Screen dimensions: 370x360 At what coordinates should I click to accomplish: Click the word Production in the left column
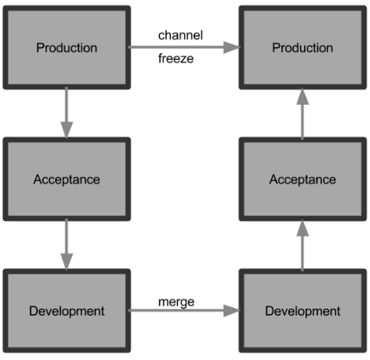[67, 47]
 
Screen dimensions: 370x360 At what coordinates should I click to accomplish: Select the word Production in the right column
[302, 47]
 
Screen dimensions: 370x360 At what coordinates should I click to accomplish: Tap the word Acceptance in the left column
[67, 180]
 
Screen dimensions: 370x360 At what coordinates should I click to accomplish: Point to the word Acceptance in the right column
[302, 180]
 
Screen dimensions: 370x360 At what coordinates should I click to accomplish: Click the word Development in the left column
[67, 311]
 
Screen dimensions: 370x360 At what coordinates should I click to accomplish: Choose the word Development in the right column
[302, 311]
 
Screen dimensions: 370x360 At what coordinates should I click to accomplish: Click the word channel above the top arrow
[180, 35]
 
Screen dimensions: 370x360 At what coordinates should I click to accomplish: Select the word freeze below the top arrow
[176, 58]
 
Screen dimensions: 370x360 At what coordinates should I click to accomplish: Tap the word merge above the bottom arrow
[176, 302]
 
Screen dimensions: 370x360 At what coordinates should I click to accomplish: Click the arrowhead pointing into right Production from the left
[232, 47]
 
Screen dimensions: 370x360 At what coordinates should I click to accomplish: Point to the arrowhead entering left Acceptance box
[67, 130]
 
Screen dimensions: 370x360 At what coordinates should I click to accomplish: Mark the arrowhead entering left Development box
[67, 262]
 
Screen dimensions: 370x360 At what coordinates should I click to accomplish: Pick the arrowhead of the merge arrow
[232, 310]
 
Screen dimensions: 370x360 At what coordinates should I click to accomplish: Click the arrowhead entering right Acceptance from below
[302, 228]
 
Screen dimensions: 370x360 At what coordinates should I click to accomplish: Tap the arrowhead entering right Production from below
[302, 96]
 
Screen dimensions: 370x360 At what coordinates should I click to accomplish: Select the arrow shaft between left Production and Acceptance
[67, 104]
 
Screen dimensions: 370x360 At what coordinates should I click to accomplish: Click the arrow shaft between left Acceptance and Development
[67, 236]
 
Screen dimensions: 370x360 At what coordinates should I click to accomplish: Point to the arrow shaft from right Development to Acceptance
[302, 253]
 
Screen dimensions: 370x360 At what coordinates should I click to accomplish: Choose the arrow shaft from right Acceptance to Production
[302, 122]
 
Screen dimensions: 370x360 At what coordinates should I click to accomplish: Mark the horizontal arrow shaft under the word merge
[176, 310]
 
